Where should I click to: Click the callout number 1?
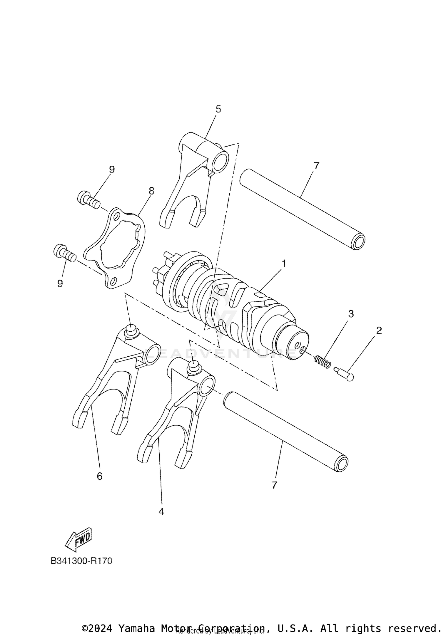(284, 263)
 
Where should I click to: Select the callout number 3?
(351, 314)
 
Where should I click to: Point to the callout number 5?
(218, 109)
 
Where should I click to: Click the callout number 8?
(151, 191)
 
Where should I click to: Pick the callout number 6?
(100, 476)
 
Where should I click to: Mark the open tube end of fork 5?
(221, 162)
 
